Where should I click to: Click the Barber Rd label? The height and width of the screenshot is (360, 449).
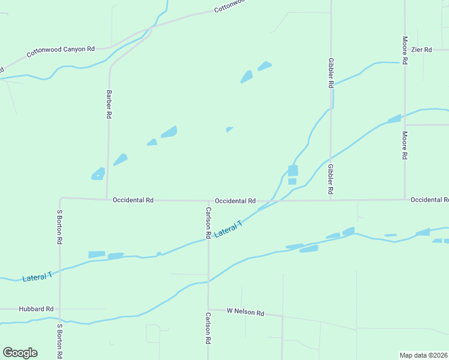click(x=109, y=103)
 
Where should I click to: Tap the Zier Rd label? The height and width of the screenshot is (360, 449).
click(x=421, y=50)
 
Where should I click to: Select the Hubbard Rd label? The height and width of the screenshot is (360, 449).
click(x=36, y=309)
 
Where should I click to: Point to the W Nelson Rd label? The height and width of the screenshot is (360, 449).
click(x=246, y=312)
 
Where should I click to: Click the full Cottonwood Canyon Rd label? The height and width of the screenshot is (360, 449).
click(x=61, y=52)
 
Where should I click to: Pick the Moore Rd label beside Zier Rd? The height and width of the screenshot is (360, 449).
click(x=405, y=50)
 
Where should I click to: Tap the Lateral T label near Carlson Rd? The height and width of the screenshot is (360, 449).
click(x=228, y=229)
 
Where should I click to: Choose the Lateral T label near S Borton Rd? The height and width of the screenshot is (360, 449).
click(x=37, y=277)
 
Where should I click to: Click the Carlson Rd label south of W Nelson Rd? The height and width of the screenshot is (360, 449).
click(x=208, y=328)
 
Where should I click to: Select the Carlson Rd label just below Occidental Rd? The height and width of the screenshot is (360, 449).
click(x=208, y=222)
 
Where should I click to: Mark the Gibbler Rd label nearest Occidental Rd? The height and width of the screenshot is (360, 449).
click(x=330, y=179)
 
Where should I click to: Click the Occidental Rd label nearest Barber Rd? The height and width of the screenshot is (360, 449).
click(x=133, y=200)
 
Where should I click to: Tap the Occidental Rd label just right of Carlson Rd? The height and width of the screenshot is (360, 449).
click(x=235, y=201)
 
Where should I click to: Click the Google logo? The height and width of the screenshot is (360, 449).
click(x=20, y=353)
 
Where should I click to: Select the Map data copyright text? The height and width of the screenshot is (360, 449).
click(x=423, y=355)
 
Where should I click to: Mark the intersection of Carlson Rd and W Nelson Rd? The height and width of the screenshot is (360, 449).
click(x=208, y=310)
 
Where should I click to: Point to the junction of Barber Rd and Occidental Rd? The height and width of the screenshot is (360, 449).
click(x=107, y=199)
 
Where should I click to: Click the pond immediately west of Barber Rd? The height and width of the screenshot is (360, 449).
click(x=98, y=174)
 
